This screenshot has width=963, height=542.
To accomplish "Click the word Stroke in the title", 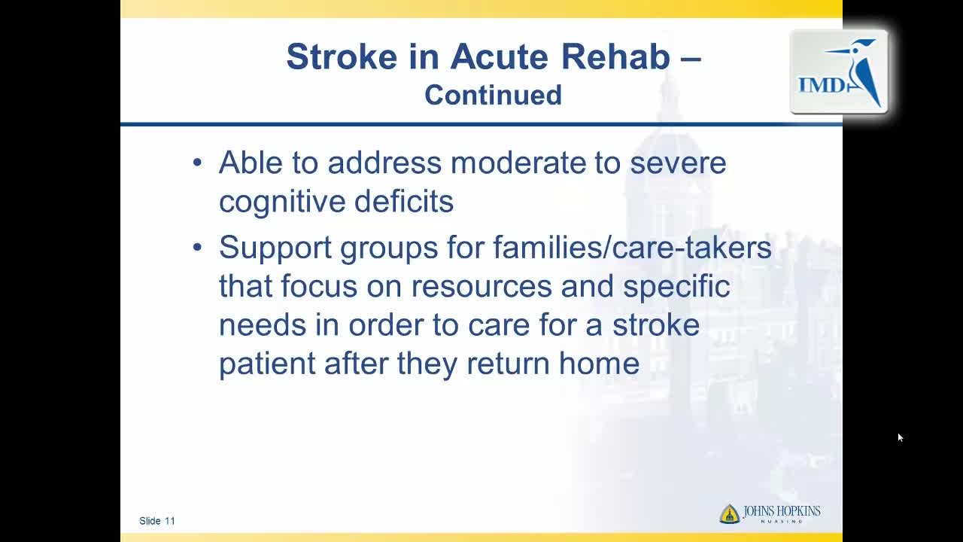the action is click(x=342, y=56).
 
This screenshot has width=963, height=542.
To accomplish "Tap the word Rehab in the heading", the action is click(x=615, y=56).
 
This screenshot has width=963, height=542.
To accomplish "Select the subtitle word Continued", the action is click(x=493, y=95).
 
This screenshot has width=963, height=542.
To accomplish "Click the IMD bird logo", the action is click(x=839, y=72).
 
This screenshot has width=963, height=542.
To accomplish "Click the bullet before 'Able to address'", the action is click(x=197, y=163).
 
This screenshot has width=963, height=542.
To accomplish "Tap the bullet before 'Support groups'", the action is click(x=197, y=248).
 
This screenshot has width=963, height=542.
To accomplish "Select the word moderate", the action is click(x=518, y=163).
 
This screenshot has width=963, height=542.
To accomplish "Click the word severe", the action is click(x=678, y=164).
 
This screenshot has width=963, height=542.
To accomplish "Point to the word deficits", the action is click(x=404, y=201).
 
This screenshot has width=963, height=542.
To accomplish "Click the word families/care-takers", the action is click(x=632, y=248).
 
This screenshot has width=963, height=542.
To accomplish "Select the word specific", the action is click(x=676, y=287).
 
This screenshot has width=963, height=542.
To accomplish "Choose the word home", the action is click(x=599, y=364).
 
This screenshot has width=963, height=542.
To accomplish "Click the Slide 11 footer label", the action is click(x=157, y=521).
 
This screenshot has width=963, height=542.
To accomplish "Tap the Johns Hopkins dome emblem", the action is click(x=729, y=513).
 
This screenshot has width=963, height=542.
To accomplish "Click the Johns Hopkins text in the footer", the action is click(x=782, y=512).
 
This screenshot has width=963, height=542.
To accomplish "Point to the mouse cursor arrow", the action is click(x=901, y=437).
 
